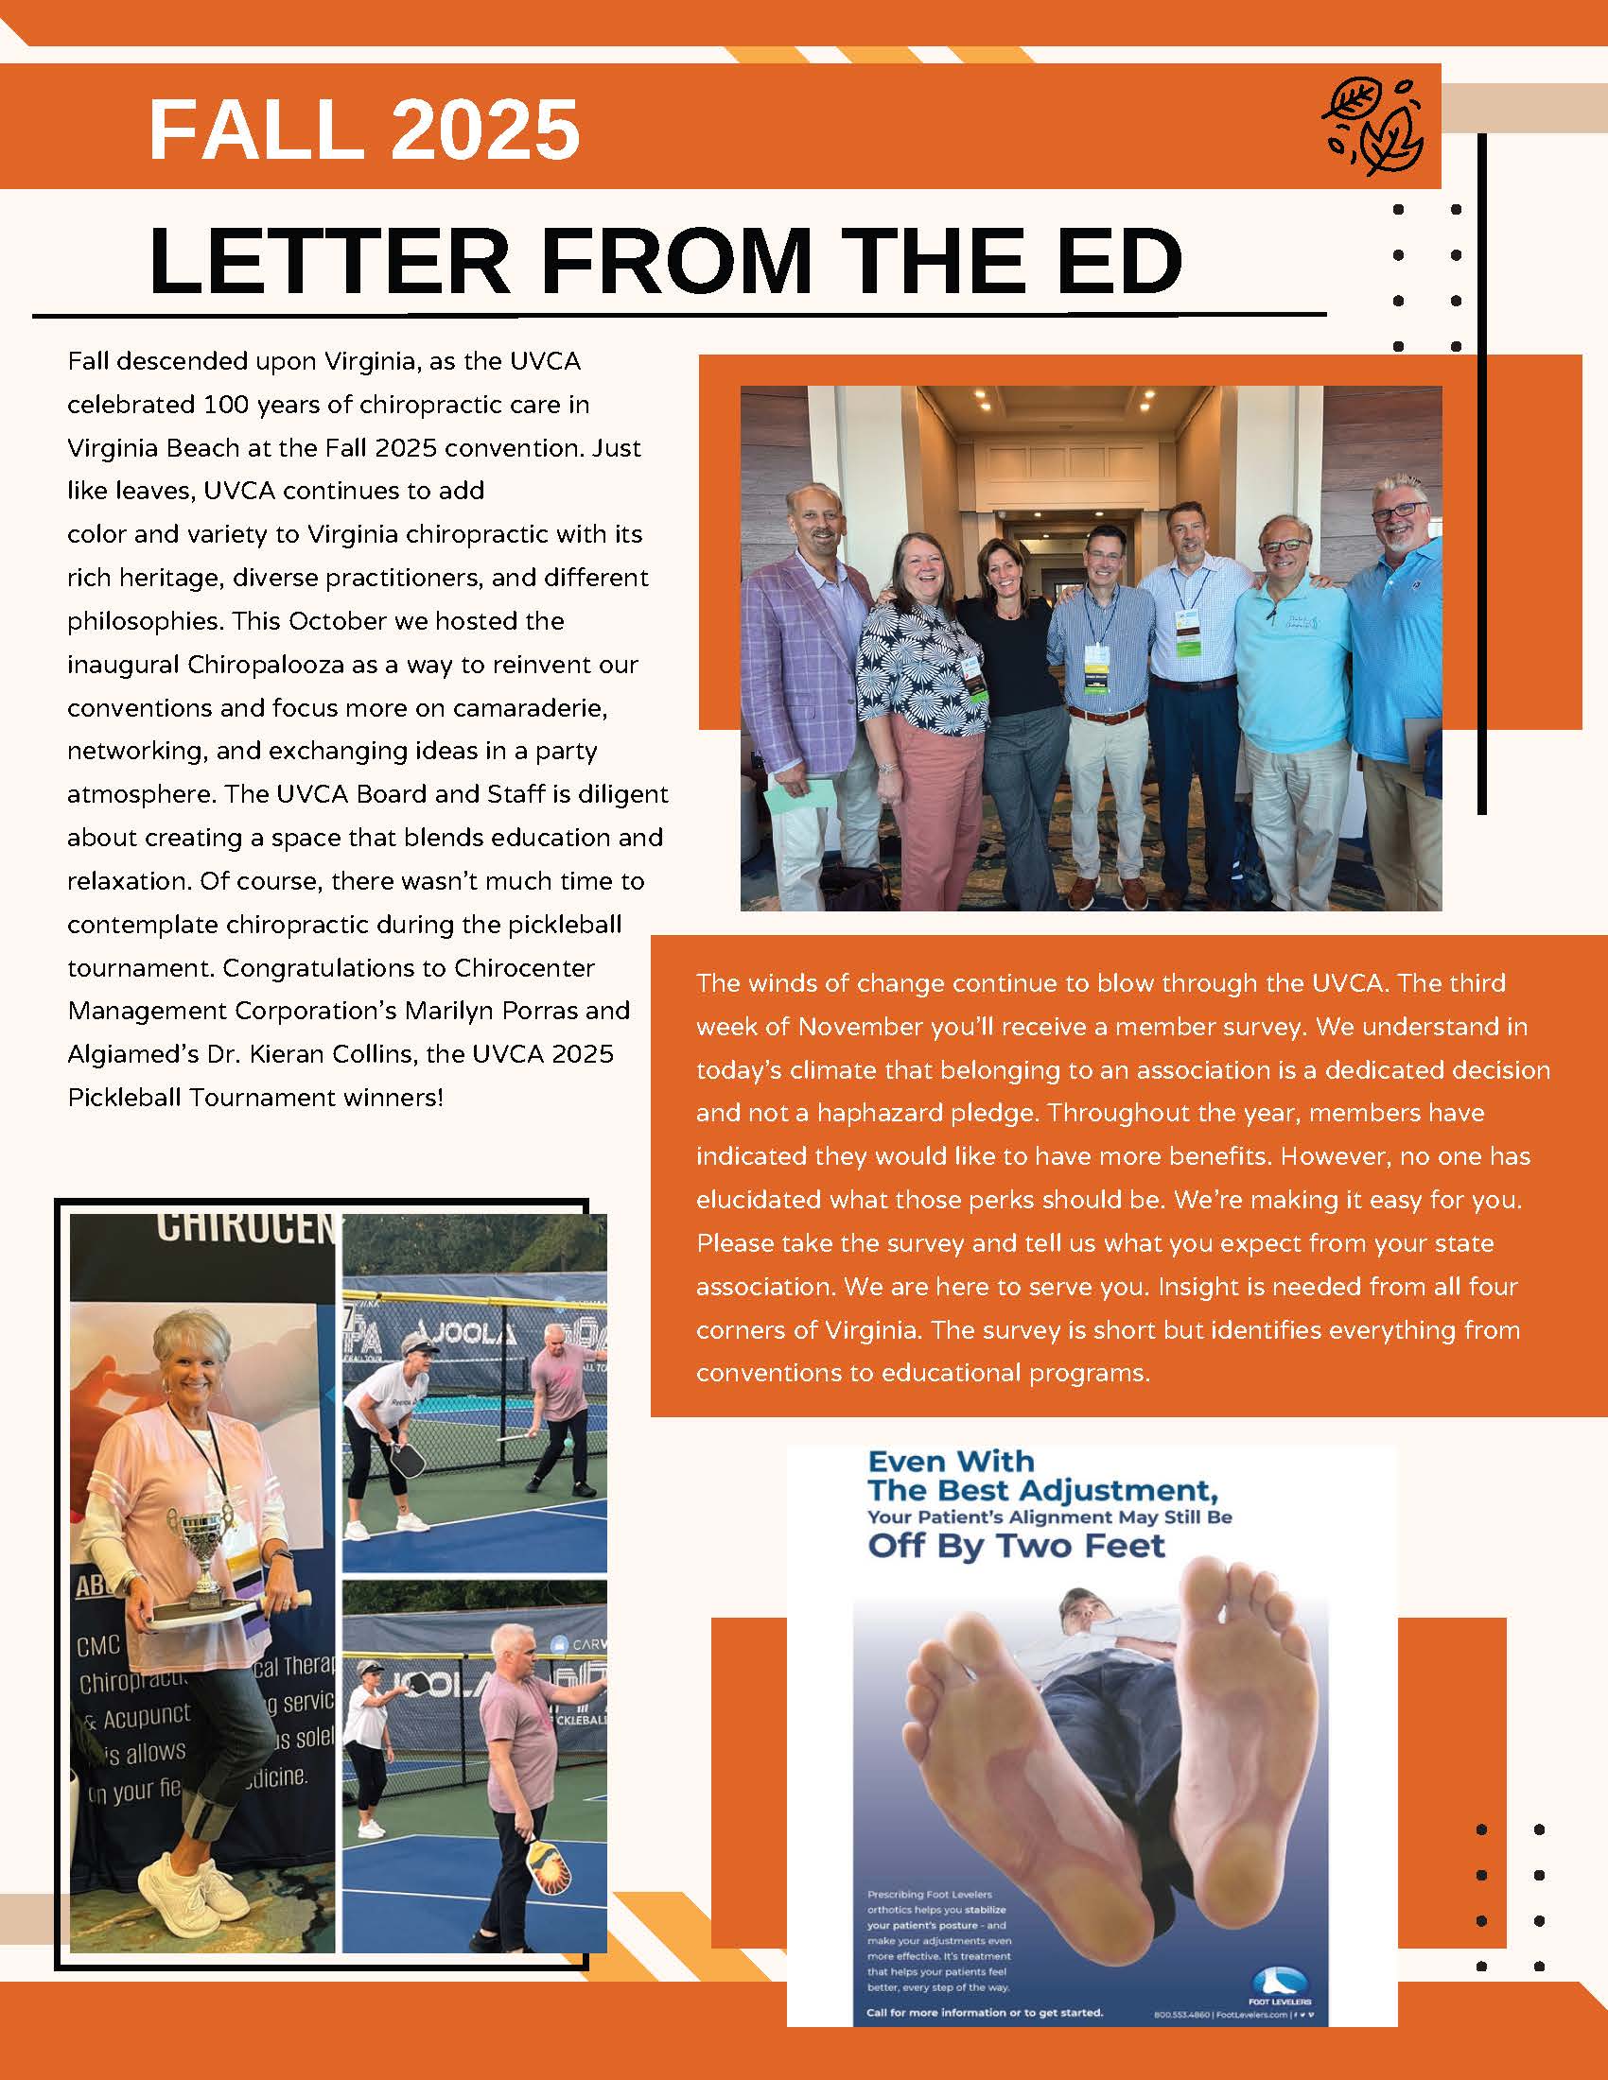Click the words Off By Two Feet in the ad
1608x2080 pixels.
pyautogui.click(x=1016, y=1545)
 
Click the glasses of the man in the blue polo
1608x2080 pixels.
pyautogui.click(x=1398, y=511)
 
